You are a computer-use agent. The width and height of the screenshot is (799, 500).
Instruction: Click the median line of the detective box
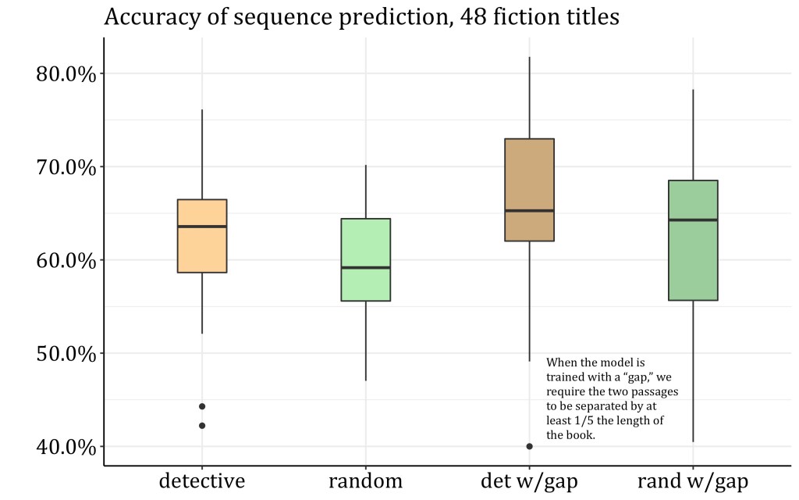tap(202, 227)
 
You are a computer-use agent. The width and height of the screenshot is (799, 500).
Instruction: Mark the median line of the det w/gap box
tap(529, 211)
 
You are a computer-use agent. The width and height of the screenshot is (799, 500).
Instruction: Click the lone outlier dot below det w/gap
tap(529, 446)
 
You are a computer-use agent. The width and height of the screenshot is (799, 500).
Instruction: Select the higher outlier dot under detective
tap(202, 406)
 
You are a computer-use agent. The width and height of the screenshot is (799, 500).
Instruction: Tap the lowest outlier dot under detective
tap(202, 426)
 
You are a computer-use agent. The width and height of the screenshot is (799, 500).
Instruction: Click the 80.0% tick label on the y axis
tap(66, 74)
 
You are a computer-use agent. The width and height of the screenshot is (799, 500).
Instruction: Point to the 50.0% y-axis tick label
tap(66, 354)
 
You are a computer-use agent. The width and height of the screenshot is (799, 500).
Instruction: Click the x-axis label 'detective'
tap(202, 480)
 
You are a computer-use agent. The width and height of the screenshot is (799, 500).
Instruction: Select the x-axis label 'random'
tap(366, 480)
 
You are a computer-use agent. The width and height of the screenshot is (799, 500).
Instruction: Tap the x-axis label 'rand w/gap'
tap(693, 480)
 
